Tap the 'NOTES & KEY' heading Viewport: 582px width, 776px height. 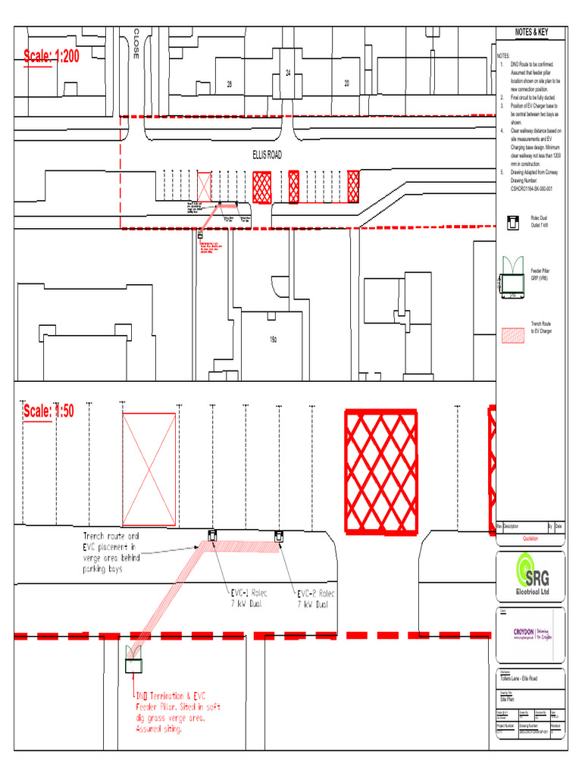point(530,33)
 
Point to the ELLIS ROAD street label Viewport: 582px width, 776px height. point(267,155)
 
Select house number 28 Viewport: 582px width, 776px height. point(229,84)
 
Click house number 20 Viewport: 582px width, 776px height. point(346,83)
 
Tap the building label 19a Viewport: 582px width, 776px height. point(273,339)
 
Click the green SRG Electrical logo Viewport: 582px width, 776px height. point(530,576)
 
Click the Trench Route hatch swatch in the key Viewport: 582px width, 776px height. point(513,335)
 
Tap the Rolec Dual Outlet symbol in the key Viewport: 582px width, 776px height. point(512,221)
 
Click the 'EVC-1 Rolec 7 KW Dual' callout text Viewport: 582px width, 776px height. point(249,599)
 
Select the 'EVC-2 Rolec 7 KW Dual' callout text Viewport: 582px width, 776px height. point(315,599)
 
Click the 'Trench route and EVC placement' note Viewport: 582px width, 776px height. point(111,552)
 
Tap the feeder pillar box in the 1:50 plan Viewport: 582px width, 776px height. point(133,665)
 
